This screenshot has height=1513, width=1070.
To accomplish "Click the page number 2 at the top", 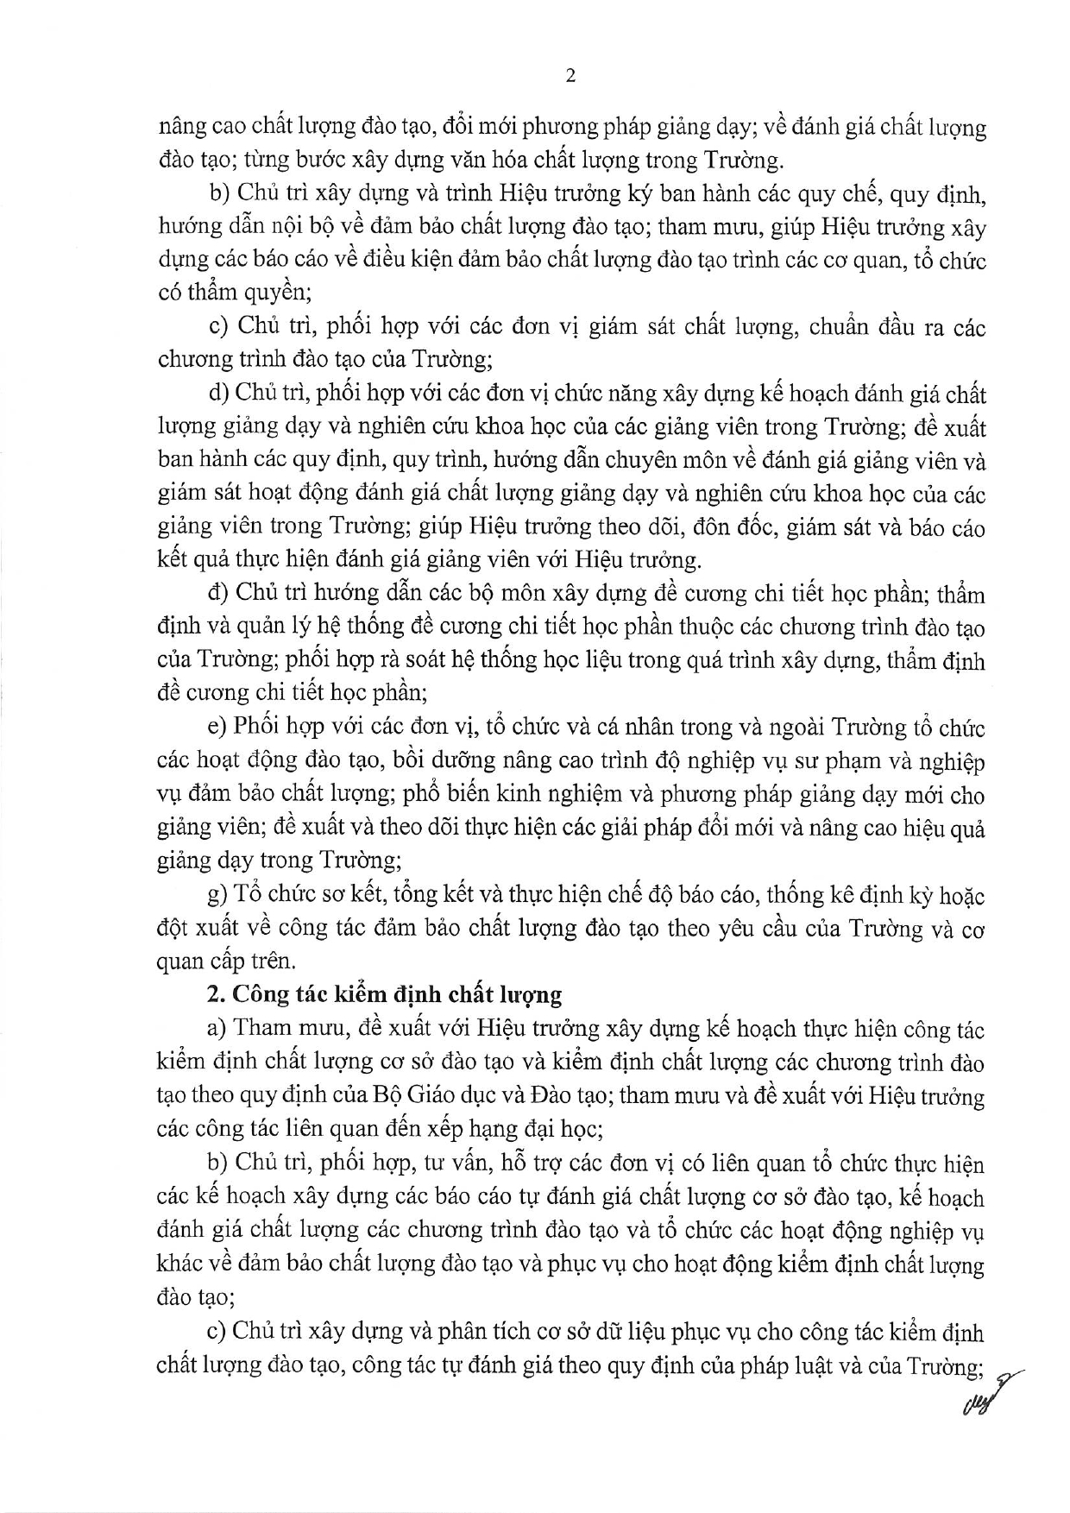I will (x=570, y=77).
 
